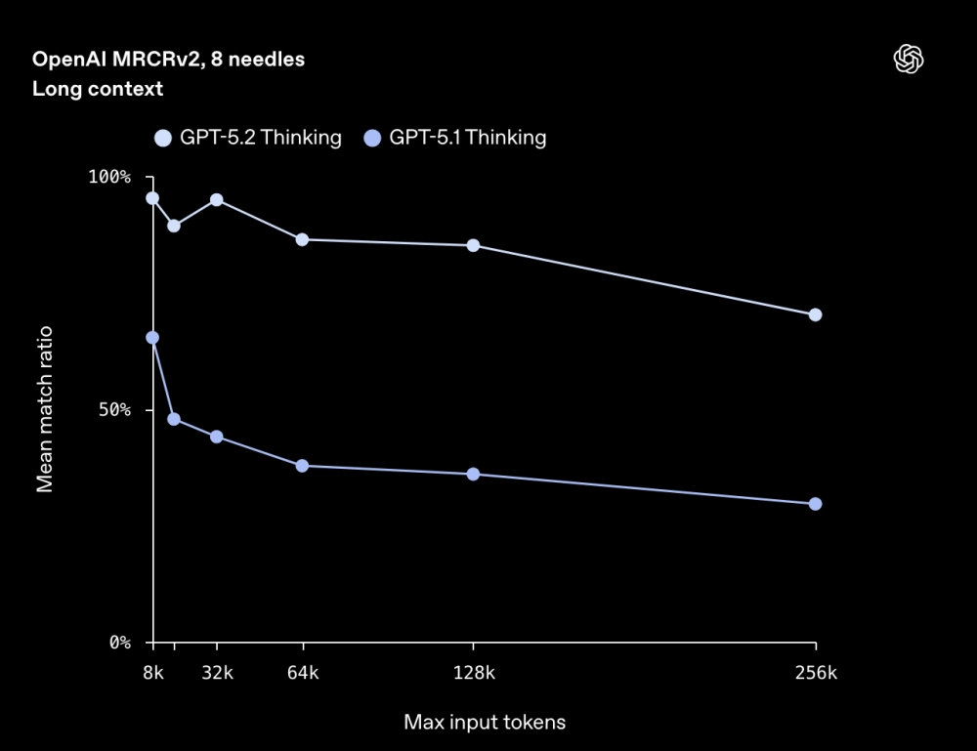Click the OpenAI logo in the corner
tap(909, 60)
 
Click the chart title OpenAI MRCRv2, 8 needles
tap(168, 60)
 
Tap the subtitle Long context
tap(97, 89)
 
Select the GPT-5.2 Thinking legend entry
tap(248, 138)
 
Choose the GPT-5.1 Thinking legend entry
tap(455, 138)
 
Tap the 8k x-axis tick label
tap(152, 673)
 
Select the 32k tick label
tap(216, 673)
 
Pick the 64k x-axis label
tap(303, 673)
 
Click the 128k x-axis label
tap(474, 673)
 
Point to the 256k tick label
tap(816, 673)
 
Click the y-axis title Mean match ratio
tap(45, 410)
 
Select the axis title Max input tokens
tap(485, 723)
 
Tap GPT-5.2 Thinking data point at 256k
tap(816, 314)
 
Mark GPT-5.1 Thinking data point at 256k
tap(816, 504)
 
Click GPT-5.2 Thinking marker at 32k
tap(217, 200)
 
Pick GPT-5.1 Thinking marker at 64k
tap(302, 466)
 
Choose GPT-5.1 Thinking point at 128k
tap(474, 475)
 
